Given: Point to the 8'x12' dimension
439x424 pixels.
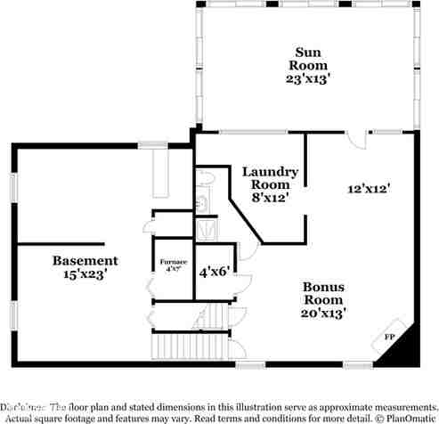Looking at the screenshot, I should [271, 198].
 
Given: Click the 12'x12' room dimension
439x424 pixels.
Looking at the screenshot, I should [370, 188].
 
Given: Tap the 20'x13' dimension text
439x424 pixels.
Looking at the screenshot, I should [324, 313].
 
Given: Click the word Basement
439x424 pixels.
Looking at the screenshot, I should [85, 260].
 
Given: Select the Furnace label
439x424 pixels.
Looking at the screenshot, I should [172, 263].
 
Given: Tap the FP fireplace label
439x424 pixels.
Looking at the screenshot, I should [388, 338].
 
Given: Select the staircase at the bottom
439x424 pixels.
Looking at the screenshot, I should [177, 344].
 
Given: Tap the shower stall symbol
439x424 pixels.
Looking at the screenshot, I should [207, 229].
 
